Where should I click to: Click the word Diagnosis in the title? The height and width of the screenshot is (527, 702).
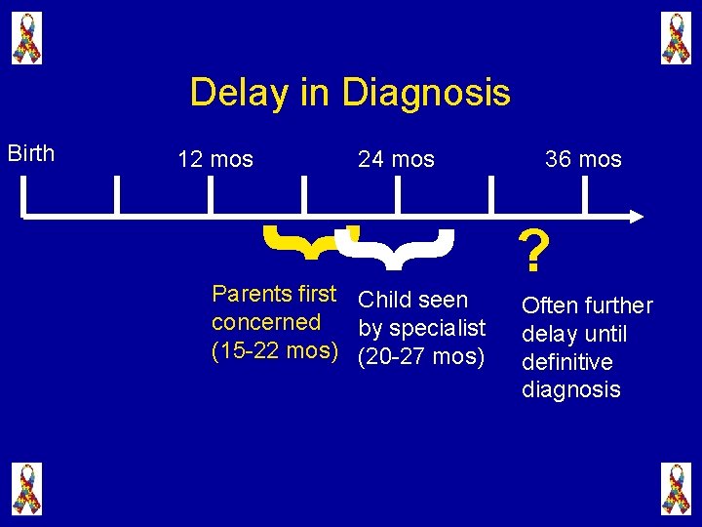click(x=426, y=94)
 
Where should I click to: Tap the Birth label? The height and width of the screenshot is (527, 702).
click(x=31, y=153)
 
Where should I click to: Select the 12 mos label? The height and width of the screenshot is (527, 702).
click(x=215, y=159)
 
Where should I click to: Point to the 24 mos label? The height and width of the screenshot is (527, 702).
click(x=396, y=159)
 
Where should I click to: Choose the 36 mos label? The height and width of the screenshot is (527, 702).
click(x=583, y=159)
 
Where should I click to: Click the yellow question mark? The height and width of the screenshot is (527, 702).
click(x=531, y=253)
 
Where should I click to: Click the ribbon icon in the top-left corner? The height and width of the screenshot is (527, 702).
click(x=26, y=38)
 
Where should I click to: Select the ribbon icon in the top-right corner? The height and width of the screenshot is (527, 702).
click(x=675, y=38)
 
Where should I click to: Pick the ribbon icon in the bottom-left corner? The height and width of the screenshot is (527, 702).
click(x=26, y=488)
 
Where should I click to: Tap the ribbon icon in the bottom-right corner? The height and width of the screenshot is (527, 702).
click(x=675, y=488)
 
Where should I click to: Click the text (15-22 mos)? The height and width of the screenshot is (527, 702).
click(x=275, y=350)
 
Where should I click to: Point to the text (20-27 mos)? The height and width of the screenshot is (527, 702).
click(x=421, y=357)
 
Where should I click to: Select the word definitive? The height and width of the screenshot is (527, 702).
click(x=567, y=362)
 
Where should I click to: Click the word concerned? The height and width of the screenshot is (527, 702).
click(x=266, y=322)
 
